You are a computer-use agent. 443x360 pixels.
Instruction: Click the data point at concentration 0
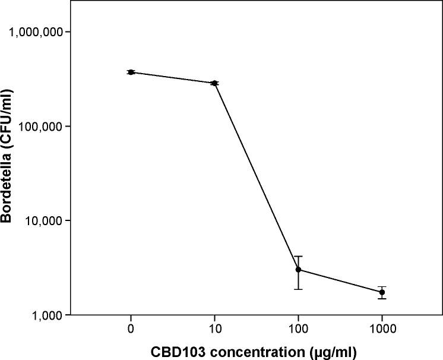point(131,72)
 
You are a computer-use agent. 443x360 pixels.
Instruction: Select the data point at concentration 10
point(214,83)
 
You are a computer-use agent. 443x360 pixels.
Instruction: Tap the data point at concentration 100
point(298,270)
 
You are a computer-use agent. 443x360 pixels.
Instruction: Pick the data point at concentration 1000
point(382,292)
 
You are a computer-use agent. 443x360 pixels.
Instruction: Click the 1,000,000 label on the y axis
point(37,32)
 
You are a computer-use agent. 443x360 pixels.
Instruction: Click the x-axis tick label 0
point(131,328)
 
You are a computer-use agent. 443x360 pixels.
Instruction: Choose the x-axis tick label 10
point(214,328)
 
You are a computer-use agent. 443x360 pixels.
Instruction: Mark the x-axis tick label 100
point(298,328)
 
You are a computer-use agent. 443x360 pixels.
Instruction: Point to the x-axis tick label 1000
point(382,328)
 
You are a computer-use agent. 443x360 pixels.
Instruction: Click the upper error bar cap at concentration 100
point(298,256)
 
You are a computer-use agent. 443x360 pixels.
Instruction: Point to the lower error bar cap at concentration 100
point(298,289)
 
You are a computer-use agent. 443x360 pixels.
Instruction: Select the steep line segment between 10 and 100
point(256,176)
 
